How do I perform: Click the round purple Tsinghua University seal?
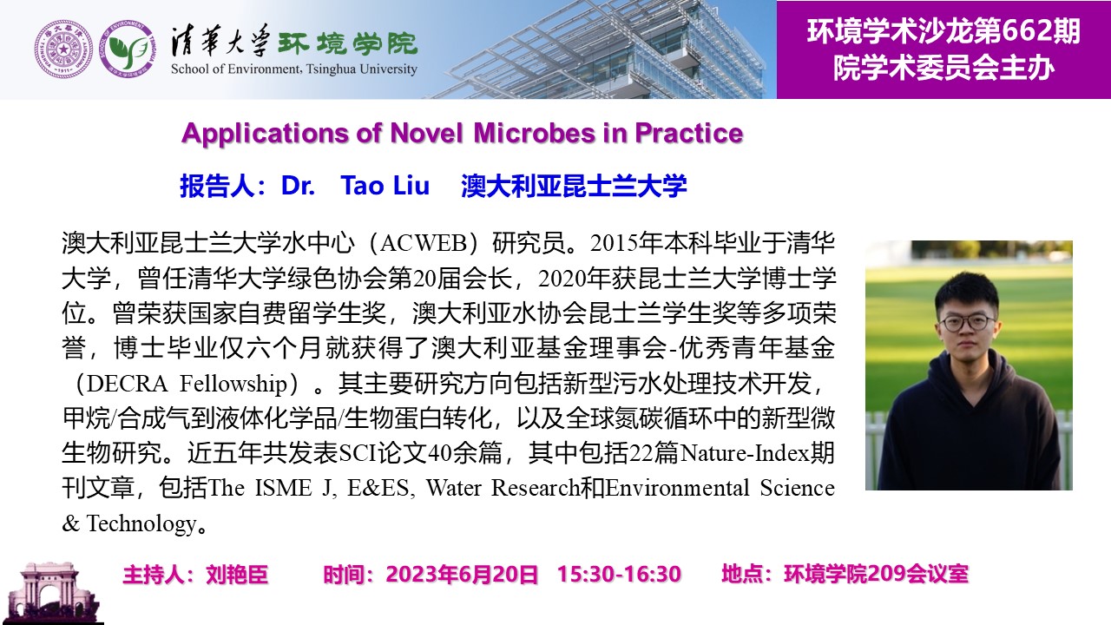pos(63,49)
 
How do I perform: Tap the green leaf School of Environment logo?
pos(128,49)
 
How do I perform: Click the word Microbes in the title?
pos(534,133)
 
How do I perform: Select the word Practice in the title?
pos(689,133)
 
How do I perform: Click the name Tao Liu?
pos(385,186)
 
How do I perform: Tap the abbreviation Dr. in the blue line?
pos(298,186)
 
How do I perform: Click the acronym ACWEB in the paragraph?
pos(424,243)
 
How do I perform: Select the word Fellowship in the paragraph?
pos(233,384)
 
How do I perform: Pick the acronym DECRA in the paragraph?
pos(127,384)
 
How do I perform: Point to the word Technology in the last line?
pos(141,523)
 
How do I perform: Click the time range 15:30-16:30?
pos(619,574)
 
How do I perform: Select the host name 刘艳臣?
pos(237,575)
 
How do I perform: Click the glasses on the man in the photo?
pos(968,322)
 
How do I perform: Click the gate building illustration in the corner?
pos(51,592)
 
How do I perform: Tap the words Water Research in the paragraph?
pos(503,488)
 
